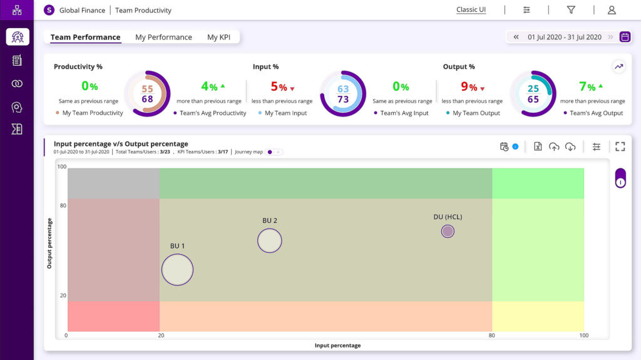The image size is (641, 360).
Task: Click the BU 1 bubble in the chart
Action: point(177,270)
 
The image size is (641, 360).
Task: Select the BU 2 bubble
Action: point(270,240)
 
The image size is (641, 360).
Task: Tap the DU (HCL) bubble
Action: point(448,231)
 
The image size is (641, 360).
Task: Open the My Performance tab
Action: point(163,38)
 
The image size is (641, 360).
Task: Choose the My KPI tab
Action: point(219,38)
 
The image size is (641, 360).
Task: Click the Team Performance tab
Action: point(85,38)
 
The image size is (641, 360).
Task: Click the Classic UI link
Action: point(471,10)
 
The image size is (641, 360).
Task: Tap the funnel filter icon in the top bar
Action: point(571,10)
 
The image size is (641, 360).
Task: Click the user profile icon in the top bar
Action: point(612,10)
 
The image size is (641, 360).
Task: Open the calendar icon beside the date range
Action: point(625,37)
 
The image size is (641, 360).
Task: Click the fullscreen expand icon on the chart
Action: point(620,147)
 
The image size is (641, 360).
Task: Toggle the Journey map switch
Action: point(275,152)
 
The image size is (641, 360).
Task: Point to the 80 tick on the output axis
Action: point(63,206)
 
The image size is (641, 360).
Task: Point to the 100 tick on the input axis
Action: point(584,336)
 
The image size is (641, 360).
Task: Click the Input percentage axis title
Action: point(337,346)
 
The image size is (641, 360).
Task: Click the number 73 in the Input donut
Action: point(343,100)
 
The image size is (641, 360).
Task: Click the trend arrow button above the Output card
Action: point(619,66)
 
